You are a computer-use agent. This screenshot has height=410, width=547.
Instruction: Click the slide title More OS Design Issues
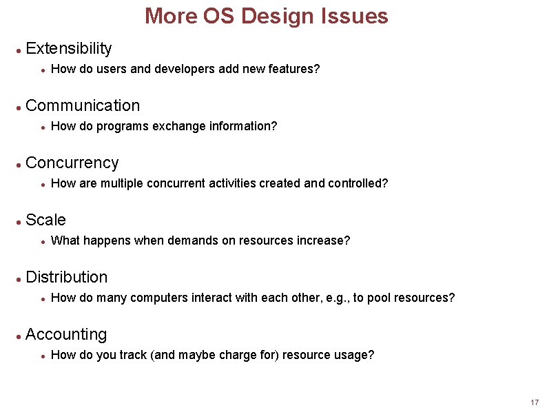(266, 17)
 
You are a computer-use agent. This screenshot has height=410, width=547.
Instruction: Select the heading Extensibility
(68, 48)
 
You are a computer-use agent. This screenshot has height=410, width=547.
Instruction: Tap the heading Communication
(82, 105)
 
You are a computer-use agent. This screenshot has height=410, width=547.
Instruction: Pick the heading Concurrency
(72, 163)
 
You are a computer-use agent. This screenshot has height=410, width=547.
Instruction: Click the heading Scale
(45, 220)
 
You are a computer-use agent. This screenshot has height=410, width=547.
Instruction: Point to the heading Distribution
(66, 277)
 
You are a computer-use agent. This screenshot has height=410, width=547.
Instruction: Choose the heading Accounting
(66, 334)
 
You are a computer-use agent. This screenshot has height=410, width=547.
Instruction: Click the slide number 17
(535, 402)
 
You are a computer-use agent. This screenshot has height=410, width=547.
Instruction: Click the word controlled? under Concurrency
(358, 183)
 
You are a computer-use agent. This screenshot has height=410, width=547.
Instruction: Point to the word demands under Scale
(191, 240)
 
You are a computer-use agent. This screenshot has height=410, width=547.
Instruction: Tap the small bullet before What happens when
(43, 241)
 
